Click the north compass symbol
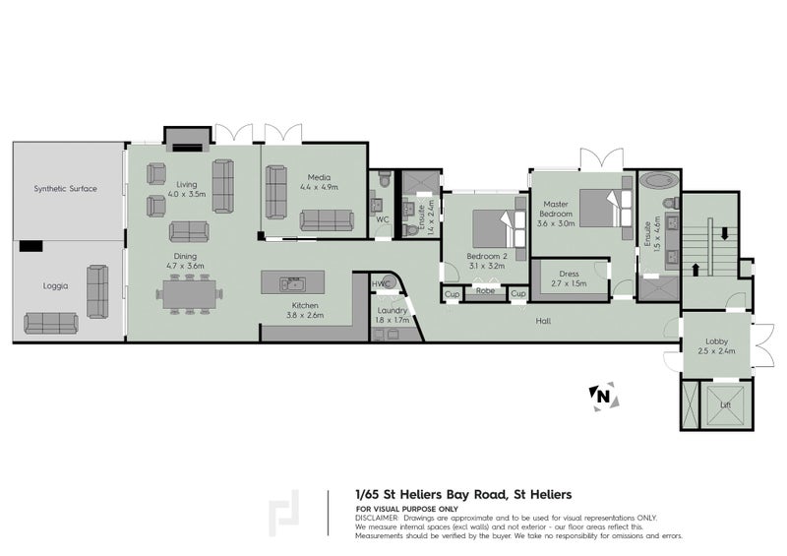point(599,395)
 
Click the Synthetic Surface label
point(66,188)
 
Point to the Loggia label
point(55,285)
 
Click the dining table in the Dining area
point(190,292)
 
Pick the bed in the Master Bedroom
point(601,207)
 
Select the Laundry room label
point(392,311)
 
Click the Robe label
point(485,291)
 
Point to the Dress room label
point(569,275)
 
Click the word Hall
point(543,321)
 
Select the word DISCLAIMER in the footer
point(376,517)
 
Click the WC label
point(383,219)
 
